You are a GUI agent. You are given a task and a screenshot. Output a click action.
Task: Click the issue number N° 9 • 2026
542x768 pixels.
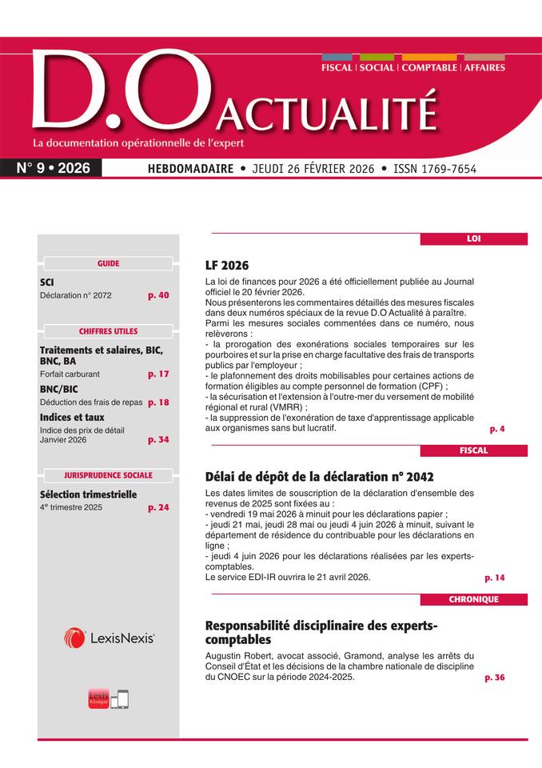(54, 168)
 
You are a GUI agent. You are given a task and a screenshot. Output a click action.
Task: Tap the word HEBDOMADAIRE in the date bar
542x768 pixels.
(190, 169)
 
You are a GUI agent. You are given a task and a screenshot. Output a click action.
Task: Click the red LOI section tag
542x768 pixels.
(473, 238)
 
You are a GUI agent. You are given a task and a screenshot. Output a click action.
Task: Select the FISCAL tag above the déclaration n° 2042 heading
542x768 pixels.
(473, 450)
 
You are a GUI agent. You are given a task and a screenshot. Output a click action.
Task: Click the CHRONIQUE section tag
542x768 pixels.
(473, 599)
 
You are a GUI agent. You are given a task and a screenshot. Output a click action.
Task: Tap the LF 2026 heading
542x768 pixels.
(228, 265)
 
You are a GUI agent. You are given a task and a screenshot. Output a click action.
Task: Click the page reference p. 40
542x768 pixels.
(158, 295)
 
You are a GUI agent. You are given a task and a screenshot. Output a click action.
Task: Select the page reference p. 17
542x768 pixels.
(158, 374)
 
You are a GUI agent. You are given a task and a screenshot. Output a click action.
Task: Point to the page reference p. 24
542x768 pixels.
(158, 507)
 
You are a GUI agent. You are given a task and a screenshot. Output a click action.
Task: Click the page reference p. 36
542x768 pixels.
(495, 678)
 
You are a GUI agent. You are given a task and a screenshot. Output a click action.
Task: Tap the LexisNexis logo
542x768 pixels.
(109, 638)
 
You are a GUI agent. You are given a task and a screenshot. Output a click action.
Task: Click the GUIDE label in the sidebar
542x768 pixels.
(108, 263)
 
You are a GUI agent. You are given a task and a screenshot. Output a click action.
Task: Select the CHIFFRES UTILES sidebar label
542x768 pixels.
(108, 331)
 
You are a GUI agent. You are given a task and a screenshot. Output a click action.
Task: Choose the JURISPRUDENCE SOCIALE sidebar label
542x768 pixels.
(108, 474)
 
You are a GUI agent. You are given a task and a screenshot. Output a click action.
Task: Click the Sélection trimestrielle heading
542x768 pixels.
(88, 494)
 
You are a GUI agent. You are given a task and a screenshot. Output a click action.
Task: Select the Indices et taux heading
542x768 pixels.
(72, 417)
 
